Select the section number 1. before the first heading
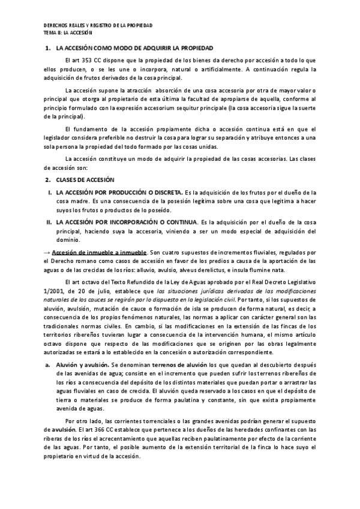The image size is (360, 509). pyautogui.click(x=48, y=47)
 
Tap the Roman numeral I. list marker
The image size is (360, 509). pyautogui.click(x=49, y=192)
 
